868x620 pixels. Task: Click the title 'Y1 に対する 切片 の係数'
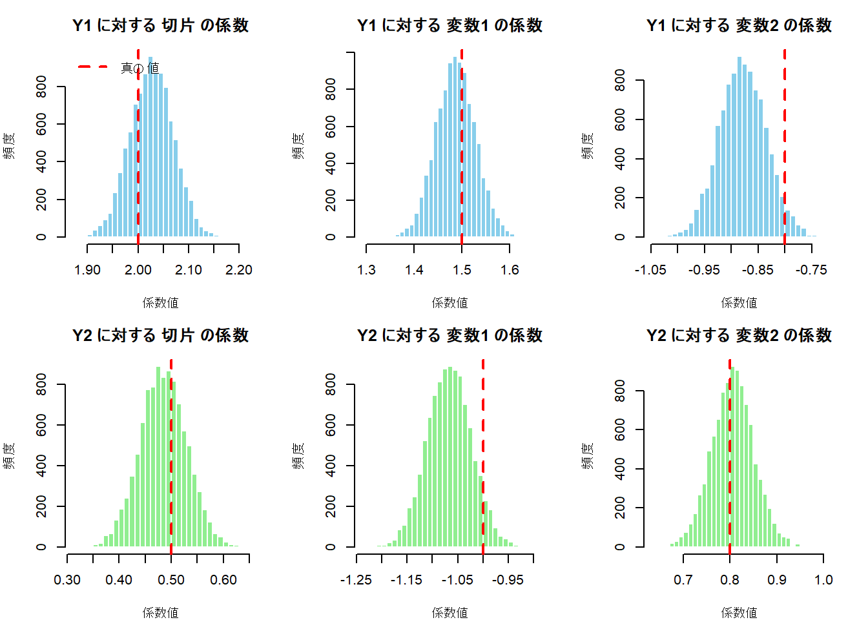(x=160, y=26)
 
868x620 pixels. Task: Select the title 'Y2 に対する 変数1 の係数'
(x=449, y=336)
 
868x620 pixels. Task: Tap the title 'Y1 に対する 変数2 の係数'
(x=739, y=26)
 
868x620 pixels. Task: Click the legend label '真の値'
(x=139, y=68)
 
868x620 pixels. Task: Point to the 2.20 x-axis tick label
(x=239, y=270)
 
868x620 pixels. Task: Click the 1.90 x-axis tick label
(x=87, y=270)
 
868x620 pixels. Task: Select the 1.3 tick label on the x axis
(x=366, y=270)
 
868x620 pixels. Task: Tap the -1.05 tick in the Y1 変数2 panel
(x=650, y=270)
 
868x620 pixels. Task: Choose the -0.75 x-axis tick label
(x=811, y=270)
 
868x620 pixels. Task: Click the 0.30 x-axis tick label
(x=67, y=580)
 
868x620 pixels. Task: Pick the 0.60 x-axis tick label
(x=223, y=580)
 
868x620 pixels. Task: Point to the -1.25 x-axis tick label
(x=356, y=580)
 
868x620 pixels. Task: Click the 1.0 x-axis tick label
(x=823, y=580)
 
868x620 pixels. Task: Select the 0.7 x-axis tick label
(x=683, y=580)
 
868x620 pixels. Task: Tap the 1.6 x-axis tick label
(x=510, y=270)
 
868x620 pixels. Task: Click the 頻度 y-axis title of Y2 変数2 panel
(x=587, y=455)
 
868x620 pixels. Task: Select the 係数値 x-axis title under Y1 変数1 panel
(x=449, y=302)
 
